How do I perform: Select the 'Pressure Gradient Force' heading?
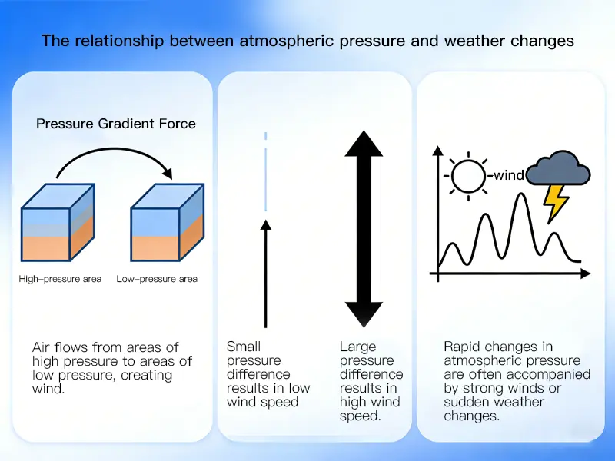(116, 124)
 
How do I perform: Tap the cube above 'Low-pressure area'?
(167, 223)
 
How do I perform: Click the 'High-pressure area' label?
(60, 279)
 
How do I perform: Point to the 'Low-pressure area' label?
(157, 279)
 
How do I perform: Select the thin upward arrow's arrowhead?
(265, 225)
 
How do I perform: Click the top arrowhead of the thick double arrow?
(364, 144)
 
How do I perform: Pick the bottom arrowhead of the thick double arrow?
(364, 314)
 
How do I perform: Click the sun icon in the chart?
(469, 175)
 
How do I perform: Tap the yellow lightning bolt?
(556, 202)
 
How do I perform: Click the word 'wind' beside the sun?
(508, 175)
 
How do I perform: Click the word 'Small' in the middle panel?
(244, 347)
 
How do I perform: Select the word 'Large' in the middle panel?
(357, 347)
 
